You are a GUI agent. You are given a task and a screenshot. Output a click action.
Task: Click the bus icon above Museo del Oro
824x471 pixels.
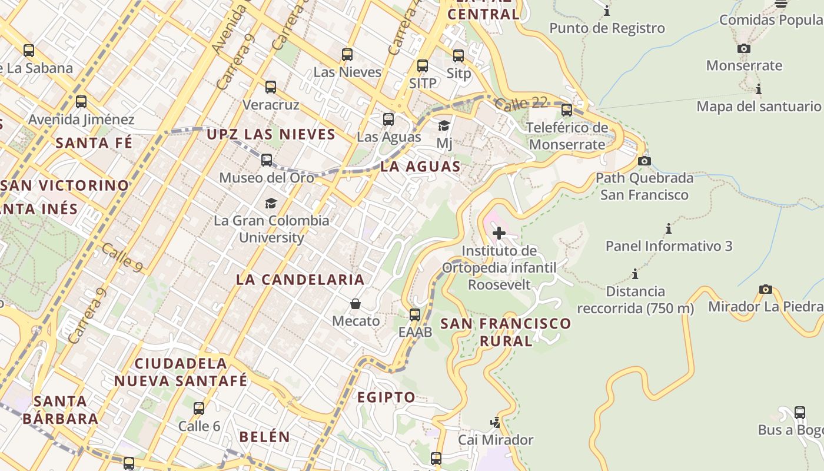point(267,160)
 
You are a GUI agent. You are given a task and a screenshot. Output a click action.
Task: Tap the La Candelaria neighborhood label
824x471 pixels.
point(300,280)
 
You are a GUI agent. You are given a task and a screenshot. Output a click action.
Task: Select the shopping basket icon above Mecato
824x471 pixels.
point(355,304)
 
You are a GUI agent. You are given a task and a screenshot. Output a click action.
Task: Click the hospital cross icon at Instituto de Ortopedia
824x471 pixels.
point(499,233)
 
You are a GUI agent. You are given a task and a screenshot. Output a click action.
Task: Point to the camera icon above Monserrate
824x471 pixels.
point(744,49)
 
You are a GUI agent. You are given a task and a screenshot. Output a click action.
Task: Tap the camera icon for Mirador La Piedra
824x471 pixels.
point(765,289)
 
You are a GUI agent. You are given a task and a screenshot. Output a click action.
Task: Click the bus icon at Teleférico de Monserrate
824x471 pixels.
point(567,110)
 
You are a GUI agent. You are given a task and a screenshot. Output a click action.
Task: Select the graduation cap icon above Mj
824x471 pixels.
point(444,125)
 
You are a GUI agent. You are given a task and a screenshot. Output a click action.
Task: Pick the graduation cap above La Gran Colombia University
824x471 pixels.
point(271,203)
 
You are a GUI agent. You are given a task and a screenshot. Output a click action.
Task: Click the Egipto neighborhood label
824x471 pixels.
point(386,397)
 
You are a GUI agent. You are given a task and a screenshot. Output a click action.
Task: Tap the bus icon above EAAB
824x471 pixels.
point(415,314)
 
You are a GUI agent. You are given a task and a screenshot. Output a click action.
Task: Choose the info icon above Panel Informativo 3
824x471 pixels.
point(669,228)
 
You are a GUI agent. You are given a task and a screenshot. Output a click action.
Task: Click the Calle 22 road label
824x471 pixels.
point(520,104)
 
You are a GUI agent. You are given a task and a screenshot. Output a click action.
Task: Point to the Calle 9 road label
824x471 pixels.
point(122,257)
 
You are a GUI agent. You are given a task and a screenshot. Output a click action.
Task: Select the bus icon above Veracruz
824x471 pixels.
point(271,87)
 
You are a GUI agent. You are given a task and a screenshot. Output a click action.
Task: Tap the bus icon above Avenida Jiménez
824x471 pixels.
point(81,102)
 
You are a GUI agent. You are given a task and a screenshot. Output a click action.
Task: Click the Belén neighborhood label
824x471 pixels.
point(264,437)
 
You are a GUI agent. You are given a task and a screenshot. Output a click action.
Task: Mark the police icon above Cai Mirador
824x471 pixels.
point(496,422)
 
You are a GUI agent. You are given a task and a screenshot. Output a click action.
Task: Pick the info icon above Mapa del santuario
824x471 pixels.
point(759,89)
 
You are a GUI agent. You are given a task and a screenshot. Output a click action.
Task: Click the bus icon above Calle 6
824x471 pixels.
point(199,408)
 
